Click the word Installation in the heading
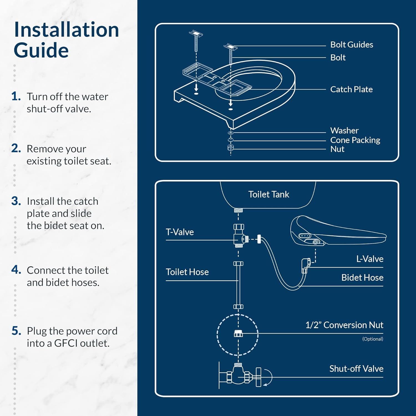click(x=67, y=30)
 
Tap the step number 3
click(x=16, y=201)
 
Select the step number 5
click(x=16, y=331)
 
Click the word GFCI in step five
click(x=66, y=343)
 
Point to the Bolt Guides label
click(x=352, y=45)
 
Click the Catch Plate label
click(x=351, y=89)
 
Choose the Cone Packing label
click(x=355, y=140)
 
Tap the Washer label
click(x=344, y=130)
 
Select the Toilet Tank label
click(x=268, y=194)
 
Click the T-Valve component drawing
click(x=239, y=236)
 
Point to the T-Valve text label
click(x=180, y=232)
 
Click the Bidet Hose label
click(x=362, y=278)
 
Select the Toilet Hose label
click(x=187, y=272)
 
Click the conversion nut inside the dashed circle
click(x=238, y=333)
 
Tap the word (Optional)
click(x=372, y=339)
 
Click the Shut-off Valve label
click(x=356, y=369)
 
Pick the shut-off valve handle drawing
click(x=258, y=377)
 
